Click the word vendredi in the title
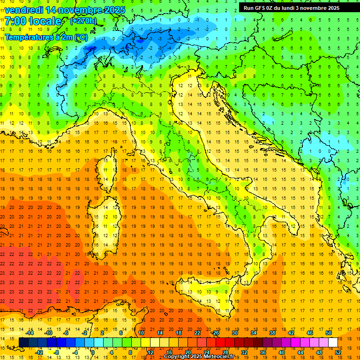[24, 10]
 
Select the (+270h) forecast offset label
[83, 21]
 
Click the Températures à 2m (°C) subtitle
[46, 37]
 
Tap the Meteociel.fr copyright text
[202, 357]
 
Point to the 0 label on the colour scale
[93, 352]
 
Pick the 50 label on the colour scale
[329, 332]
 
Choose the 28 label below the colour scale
[225, 352]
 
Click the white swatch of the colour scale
[333, 342]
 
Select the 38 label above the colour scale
[272, 332]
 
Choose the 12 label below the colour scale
[150, 352]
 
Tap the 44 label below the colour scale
[300, 352]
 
